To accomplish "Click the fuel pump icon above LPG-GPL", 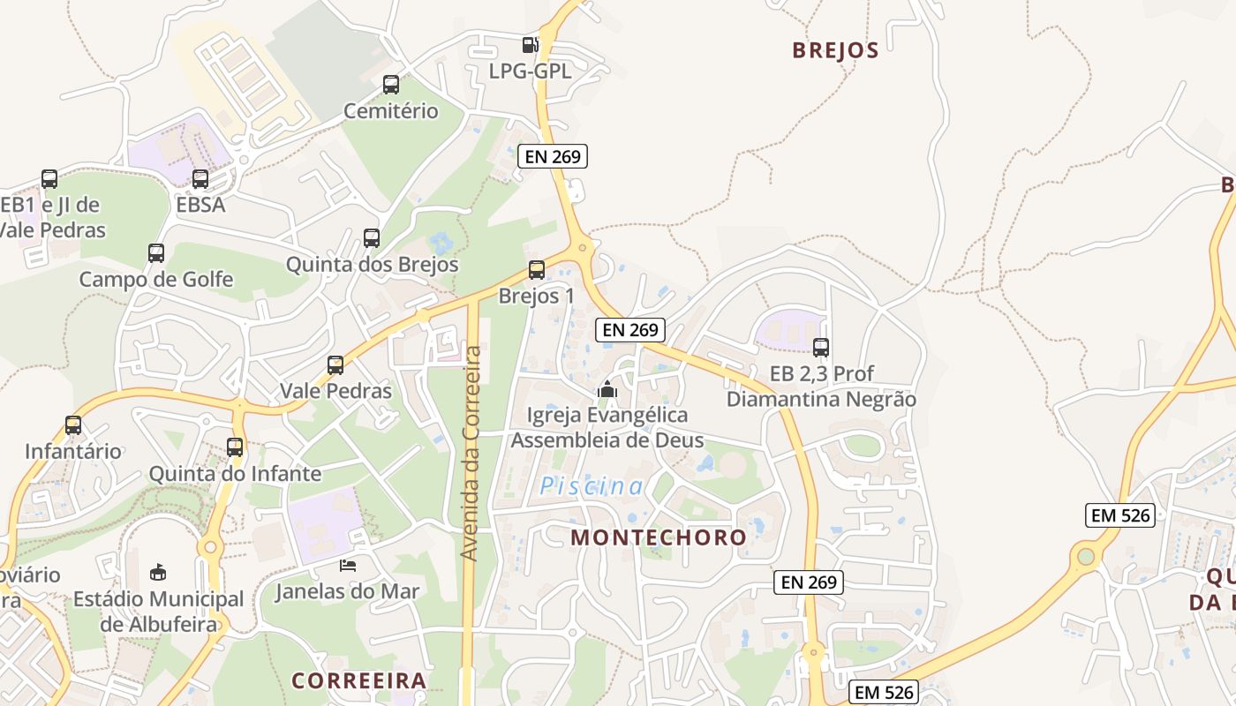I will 530,45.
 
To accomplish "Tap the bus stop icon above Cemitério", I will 391,85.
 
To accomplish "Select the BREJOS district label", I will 835,50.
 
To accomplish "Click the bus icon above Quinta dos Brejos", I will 372,238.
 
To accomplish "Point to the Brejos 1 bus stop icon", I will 536,270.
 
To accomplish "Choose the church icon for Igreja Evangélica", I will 607,388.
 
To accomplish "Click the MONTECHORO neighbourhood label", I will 659,537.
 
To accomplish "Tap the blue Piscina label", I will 592,485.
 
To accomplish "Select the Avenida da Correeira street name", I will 471,453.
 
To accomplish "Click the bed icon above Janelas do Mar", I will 348,565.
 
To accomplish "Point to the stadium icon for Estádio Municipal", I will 158,573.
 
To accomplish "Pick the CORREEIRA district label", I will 359,680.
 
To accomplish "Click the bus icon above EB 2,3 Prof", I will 821,348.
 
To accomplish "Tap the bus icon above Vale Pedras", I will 335,365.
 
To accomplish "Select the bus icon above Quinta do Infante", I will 235,447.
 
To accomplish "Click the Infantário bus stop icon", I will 73,425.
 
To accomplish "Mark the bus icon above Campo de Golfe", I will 156,253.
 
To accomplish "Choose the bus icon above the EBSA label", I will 200,179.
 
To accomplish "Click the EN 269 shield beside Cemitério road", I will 553,157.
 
